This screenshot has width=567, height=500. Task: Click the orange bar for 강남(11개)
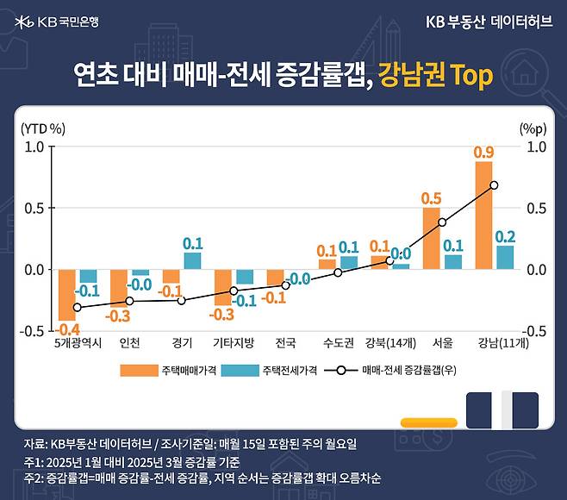tap(483, 216)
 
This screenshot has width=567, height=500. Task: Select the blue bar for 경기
tap(192, 260)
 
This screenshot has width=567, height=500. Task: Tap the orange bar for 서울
tap(431, 238)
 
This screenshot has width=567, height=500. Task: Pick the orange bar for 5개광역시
tap(67, 295)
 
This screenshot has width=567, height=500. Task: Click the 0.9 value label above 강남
tap(483, 153)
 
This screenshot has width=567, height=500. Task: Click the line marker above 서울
tap(442, 222)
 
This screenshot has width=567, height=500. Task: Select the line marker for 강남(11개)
tap(494, 185)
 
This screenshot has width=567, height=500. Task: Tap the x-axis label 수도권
tap(338, 342)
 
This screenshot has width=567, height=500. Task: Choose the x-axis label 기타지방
tap(234, 342)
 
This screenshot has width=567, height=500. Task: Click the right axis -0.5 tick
tap(536, 331)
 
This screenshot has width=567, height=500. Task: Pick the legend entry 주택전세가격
tap(266, 369)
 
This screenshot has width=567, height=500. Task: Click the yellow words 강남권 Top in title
tap(436, 76)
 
